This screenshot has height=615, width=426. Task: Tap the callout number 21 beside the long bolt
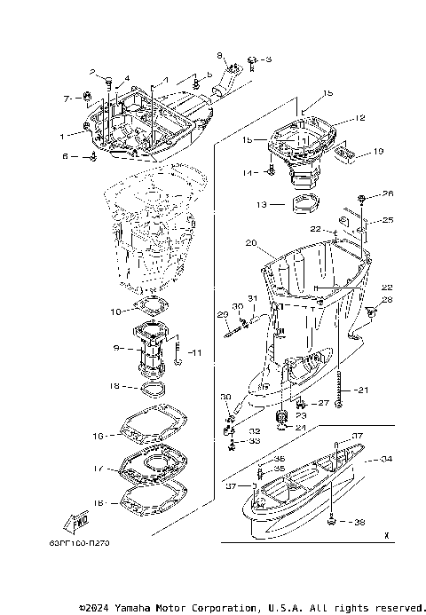pyautogui.click(x=361, y=390)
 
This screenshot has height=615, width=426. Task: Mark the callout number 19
pyautogui.click(x=378, y=152)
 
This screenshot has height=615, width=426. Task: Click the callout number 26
pyautogui.click(x=387, y=193)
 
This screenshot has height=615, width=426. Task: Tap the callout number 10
pyautogui.click(x=115, y=311)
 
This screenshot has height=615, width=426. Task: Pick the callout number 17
pyautogui.click(x=99, y=469)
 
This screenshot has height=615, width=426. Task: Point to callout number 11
pyautogui.click(x=196, y=352)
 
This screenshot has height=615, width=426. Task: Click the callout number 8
pyautogui.click(x=221, y=55)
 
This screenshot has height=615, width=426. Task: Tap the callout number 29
pyautogui.click(x=223, y=314)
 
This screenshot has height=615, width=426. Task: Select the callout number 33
pyautogui.click(x=255, y=441)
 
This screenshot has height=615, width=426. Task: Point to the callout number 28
pyautogui.click(x=388, y=301)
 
